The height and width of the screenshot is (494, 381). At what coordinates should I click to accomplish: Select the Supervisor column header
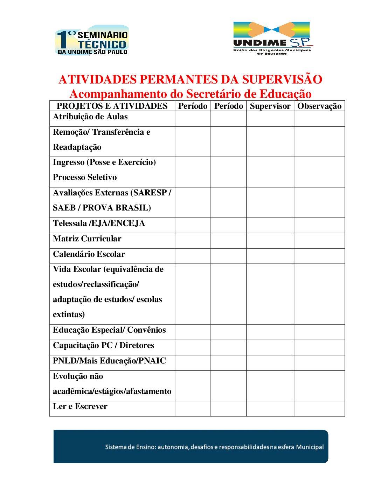tap(270, 106)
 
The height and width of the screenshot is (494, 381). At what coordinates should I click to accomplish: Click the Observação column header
tap(319, 106)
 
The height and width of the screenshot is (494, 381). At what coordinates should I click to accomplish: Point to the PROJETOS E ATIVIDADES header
tap(112, 106)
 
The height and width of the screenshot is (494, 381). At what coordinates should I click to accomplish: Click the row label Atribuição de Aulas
tap(90, 117)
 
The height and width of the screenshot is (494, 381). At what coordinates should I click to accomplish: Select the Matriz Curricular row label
tap(87, 239)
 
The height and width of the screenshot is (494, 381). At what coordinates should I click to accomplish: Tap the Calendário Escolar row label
tap(89, 254)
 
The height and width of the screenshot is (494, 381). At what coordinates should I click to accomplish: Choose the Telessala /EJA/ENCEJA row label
tap(99, 223)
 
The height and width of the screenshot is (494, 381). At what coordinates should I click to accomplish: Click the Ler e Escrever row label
tap(80, 407)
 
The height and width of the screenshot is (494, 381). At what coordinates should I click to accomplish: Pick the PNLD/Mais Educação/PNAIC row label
tap(109, 361)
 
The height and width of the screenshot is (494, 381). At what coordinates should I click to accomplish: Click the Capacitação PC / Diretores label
tap(103, 346)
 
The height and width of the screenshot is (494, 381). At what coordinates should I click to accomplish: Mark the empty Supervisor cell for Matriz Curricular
tap(270, 241)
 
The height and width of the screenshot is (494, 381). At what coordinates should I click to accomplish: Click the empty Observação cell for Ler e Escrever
tap(319, 409)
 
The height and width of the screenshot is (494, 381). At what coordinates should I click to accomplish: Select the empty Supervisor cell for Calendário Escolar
tap(270, 256)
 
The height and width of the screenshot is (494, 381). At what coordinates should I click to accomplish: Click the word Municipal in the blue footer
tap(310, 447)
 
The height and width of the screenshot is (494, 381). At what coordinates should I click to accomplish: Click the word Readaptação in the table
tap(77, 147)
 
